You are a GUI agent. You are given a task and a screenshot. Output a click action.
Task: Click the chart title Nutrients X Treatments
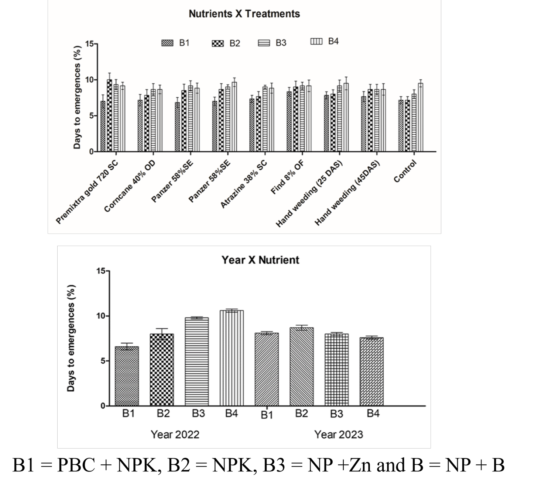244,14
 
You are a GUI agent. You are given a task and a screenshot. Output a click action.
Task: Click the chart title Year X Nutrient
260,260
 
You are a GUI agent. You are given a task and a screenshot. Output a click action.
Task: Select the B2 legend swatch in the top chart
217,44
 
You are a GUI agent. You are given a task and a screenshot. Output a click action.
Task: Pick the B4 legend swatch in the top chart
316,41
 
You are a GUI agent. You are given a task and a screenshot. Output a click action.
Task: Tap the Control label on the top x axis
405,171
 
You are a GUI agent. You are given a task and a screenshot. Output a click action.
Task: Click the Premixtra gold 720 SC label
87,192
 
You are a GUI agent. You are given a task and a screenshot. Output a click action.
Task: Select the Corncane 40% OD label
130,186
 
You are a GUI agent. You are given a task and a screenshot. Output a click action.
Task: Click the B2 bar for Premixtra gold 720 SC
109,115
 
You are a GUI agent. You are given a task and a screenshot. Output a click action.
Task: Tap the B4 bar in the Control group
421,117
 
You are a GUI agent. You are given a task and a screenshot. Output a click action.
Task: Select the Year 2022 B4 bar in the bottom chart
232,358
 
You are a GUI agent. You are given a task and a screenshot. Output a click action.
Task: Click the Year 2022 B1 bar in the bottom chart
127,376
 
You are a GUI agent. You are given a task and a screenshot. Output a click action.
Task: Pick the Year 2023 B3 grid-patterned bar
337,370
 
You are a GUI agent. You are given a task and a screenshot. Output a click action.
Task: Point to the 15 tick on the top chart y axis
90,44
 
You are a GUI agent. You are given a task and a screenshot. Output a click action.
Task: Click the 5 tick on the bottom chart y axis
103,361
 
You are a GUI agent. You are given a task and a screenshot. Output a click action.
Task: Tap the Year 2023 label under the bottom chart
338,435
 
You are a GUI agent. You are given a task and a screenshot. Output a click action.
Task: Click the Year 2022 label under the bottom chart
175,435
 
